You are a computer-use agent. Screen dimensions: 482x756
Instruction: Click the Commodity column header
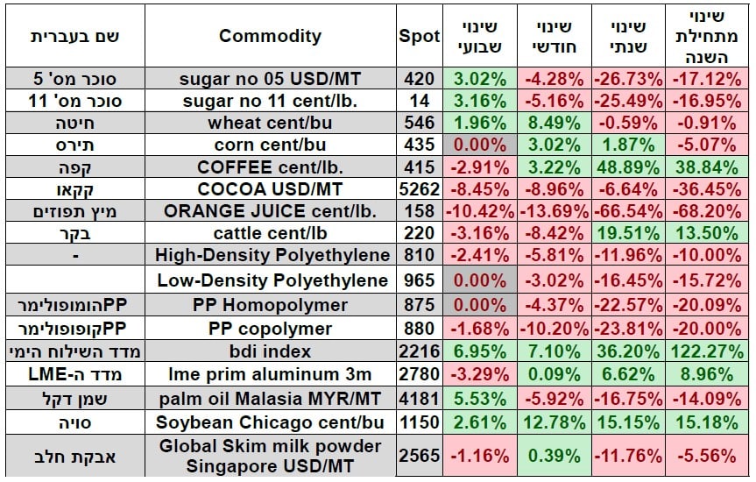pos(270,36)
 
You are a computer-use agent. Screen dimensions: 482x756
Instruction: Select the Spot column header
pos(419,36)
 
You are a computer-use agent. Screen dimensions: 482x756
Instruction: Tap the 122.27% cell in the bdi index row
pos(703,351)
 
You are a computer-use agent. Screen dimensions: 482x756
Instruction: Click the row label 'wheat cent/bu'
pos(270,124)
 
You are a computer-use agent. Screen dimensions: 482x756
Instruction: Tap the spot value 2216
pos(419,351)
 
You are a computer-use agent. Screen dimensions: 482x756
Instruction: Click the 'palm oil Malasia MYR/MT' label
pos(270,397)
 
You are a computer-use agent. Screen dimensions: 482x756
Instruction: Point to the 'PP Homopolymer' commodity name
pos(270,306)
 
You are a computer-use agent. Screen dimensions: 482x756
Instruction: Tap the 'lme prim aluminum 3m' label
pos(270,374)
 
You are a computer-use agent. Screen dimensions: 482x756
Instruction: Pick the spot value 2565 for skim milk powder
pos(419,457)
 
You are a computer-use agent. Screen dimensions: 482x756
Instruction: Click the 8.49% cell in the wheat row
pos(551,124)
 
